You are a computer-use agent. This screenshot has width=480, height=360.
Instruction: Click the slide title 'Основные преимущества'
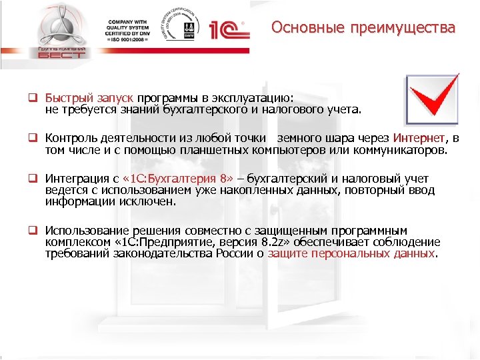363,28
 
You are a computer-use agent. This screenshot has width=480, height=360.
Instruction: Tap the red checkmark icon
432,100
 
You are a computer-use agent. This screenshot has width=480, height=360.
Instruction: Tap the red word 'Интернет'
418,138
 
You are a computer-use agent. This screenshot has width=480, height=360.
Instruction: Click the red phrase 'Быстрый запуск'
89,97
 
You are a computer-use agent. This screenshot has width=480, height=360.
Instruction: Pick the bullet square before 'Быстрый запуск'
31,97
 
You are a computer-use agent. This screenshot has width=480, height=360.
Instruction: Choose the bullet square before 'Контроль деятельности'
31,138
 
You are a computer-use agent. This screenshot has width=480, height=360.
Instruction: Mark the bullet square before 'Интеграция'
31,179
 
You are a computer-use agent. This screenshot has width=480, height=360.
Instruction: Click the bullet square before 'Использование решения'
31,230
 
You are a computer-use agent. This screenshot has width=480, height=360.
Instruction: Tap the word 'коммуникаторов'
401,149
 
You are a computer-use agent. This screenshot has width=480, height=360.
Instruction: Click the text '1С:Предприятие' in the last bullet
169,242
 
